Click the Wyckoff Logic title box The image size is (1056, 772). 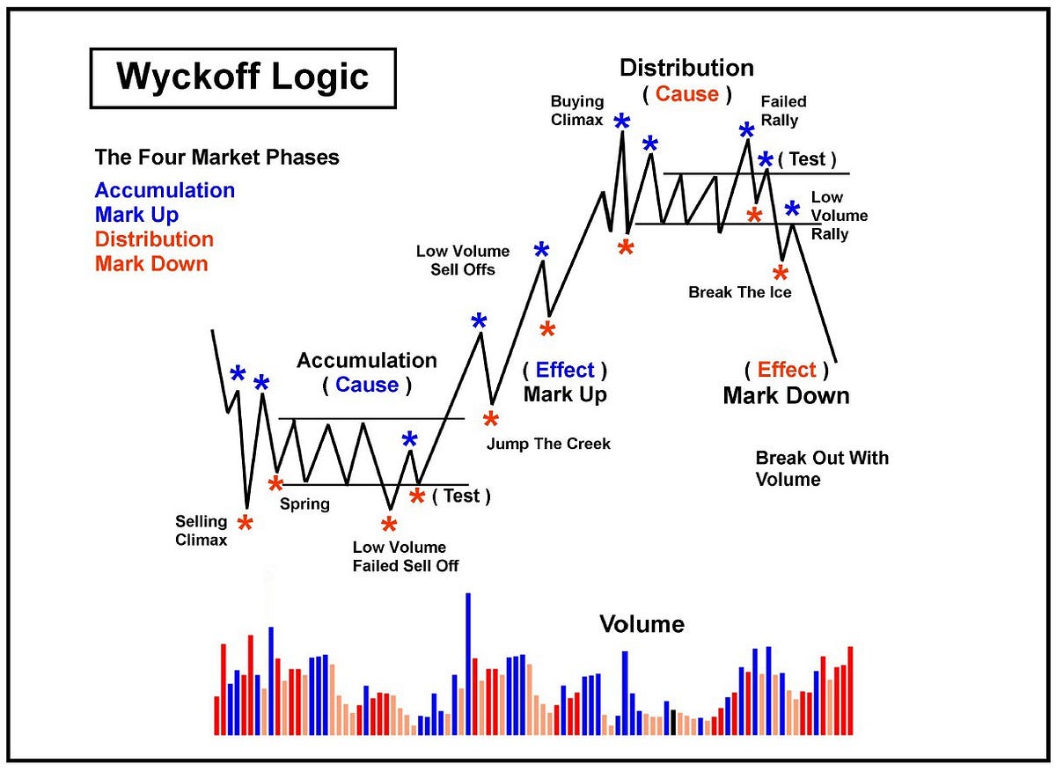243,77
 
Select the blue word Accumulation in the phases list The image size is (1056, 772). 165,190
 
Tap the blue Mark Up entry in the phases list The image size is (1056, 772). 136,215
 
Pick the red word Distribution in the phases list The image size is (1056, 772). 154,239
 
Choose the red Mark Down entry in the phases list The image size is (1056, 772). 151,264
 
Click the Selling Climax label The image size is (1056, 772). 201,531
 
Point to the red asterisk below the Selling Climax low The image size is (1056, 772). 246,524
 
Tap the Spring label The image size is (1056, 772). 304,504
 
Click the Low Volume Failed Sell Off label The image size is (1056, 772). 405,556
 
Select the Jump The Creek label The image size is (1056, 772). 548,444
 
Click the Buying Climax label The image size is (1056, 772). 577,110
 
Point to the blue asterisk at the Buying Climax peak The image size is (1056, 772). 622,122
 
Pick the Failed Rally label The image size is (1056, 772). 783,110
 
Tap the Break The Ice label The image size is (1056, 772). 739,292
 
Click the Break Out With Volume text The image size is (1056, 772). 822,468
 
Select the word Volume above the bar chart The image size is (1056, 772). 642,624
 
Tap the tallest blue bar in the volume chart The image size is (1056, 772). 468,664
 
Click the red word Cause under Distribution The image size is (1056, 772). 687,94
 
